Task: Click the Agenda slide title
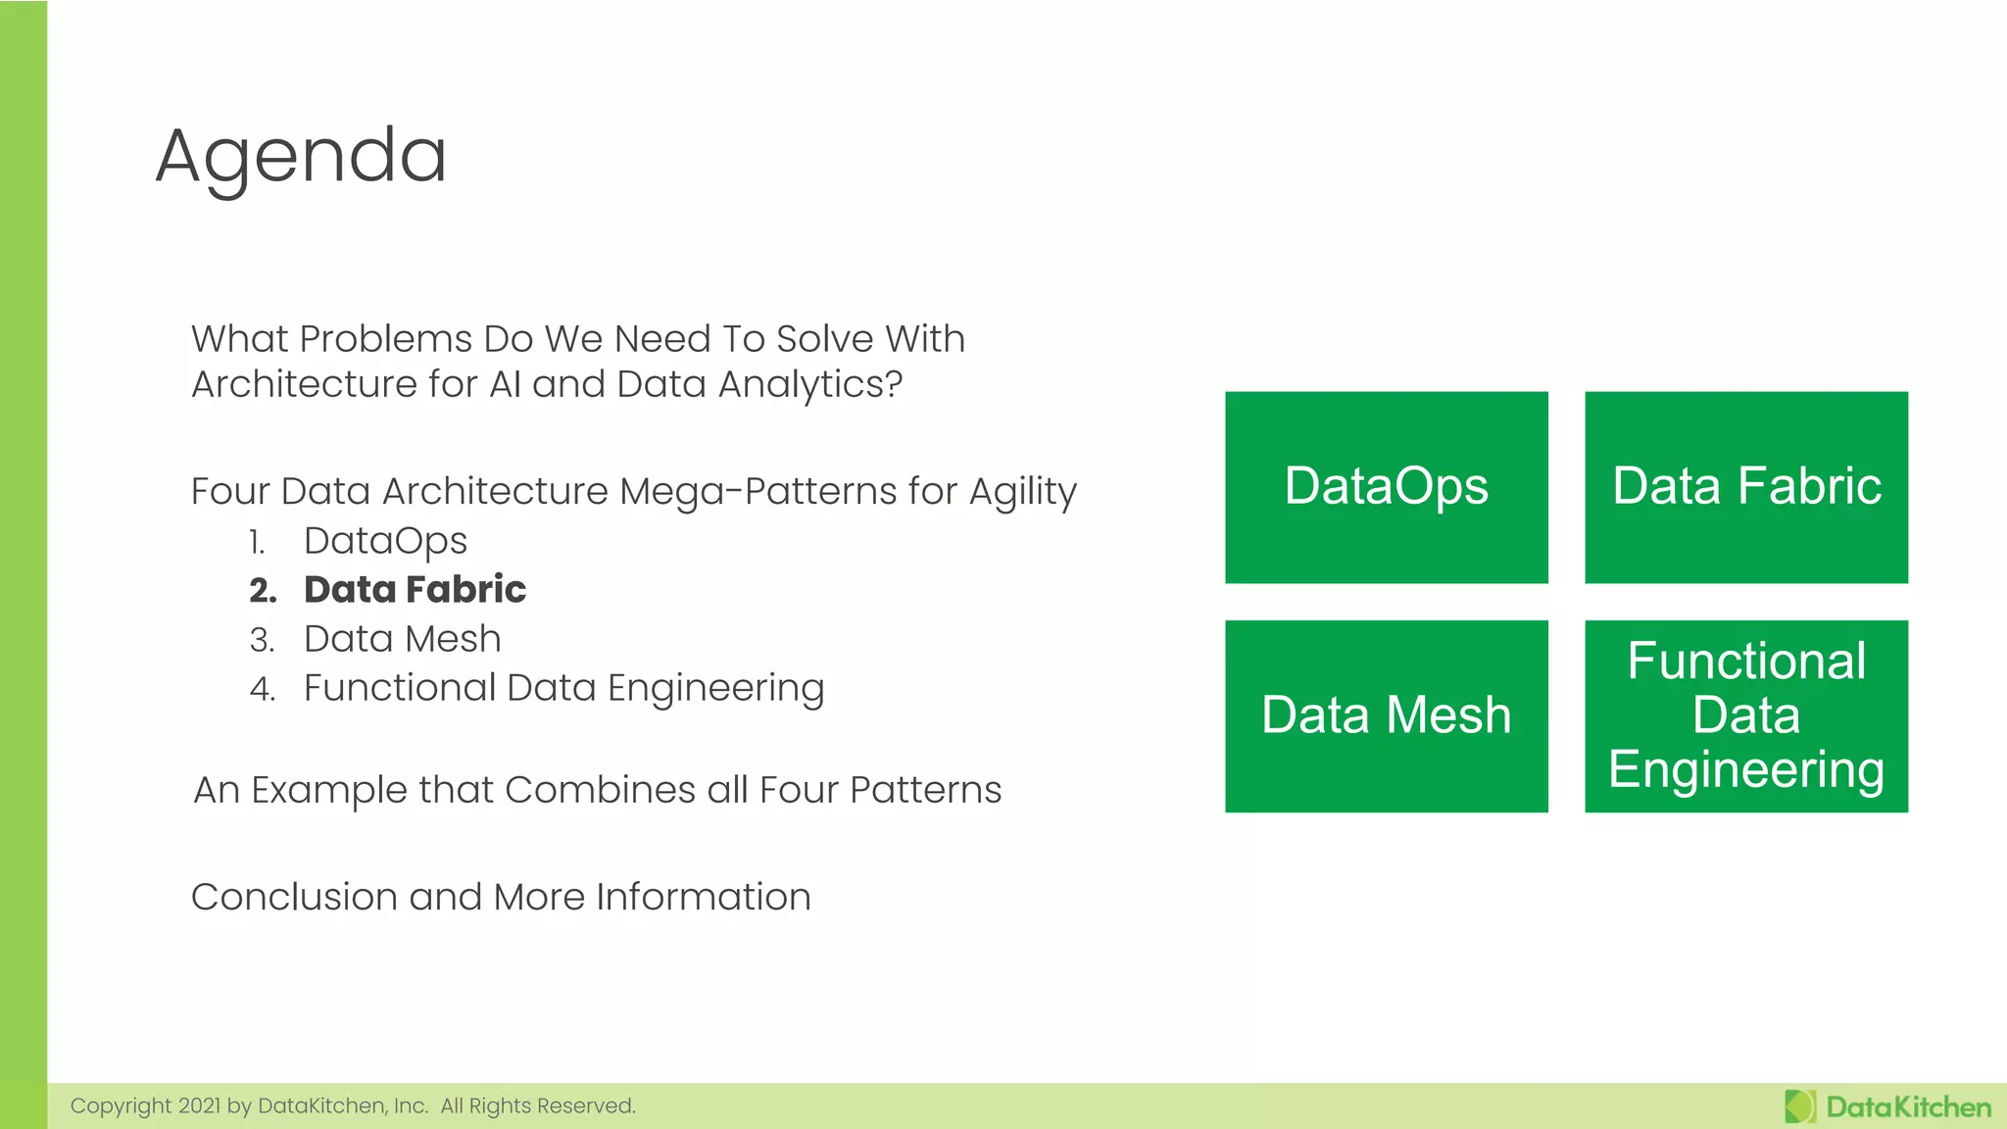click(x=301, y=157)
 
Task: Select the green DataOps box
click(x=1386, y=487)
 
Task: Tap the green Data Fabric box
click(x=1745, y=487)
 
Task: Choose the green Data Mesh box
click(x=1386, y=715)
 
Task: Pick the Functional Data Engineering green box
click(x=1745, y=715)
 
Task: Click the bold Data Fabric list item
click(x=415, y=589)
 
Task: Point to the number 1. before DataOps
click(x=257, y=542)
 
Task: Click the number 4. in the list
click(x=262, y=689)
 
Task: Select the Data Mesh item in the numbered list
click(x=402, y=639)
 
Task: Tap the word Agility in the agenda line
click(x=1022, y=492)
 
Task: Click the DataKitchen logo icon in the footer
click(x=1799, y=1106)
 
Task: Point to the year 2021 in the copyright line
click(x=199, y=1106)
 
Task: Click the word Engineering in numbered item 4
click(x=715, y=689)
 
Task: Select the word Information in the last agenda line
click(x=703, y=897)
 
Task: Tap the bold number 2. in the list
click(x=263, y=590)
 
